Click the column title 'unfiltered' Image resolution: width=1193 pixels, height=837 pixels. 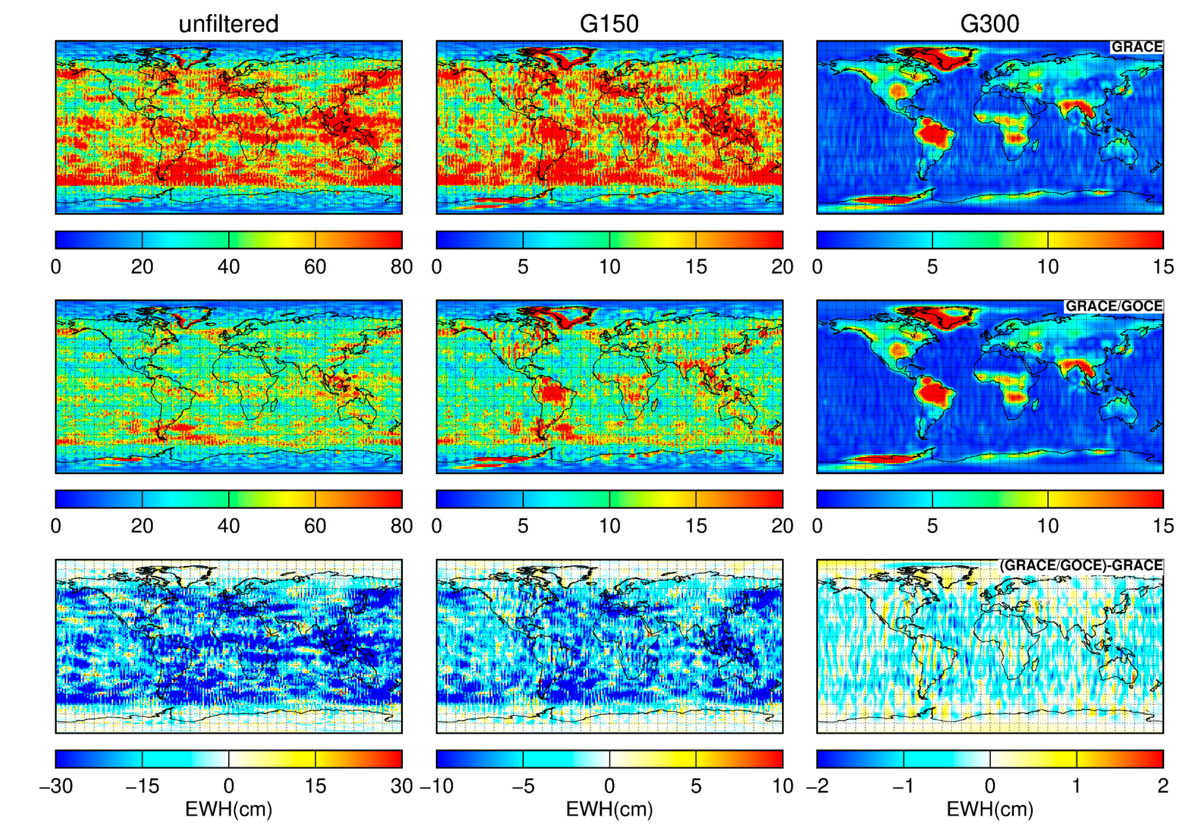tap(229, 24)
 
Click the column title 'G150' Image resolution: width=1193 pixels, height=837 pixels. tap(609, 24)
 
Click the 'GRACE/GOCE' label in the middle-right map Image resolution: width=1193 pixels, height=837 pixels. tap(1113, 307)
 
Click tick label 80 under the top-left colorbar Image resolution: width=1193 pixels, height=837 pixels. tap(401, 267)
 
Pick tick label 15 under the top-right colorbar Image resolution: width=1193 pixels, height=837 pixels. tap(1163, 267)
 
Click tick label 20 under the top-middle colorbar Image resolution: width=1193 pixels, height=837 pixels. tap(782, 267)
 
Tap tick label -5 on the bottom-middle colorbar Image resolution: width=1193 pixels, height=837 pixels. tap(522, 786)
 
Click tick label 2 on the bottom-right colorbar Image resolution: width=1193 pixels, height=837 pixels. tap(1163, 786)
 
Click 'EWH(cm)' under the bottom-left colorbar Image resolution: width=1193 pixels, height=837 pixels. tap(229, 809)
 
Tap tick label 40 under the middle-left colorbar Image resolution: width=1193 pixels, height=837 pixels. tap(229, 526)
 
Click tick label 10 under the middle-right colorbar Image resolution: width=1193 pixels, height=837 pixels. tap(1047, 526)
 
